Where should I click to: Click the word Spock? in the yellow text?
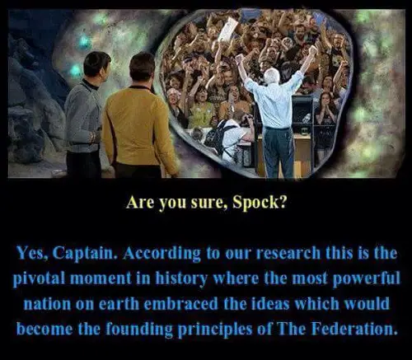(260, 203)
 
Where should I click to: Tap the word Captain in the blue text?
(83, 254)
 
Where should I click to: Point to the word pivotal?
(39, 278)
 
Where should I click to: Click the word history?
(181, 278)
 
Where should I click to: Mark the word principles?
(215, 330)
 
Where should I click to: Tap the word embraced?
(180, 303)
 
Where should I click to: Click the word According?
(162, 254)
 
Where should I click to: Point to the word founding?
(139, 330)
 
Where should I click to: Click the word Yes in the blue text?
(33, 253)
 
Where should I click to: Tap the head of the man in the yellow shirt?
(142, 68)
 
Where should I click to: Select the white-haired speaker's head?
(272, 76)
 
